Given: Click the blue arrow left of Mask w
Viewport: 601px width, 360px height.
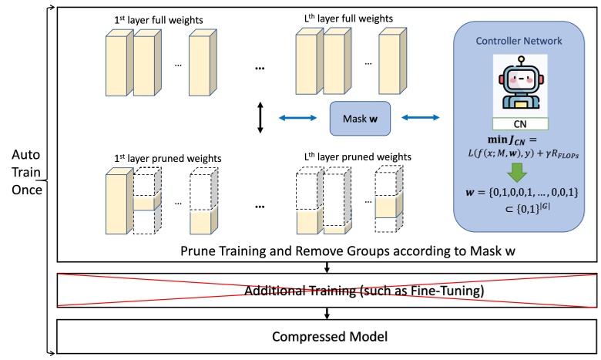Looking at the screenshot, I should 297,118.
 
